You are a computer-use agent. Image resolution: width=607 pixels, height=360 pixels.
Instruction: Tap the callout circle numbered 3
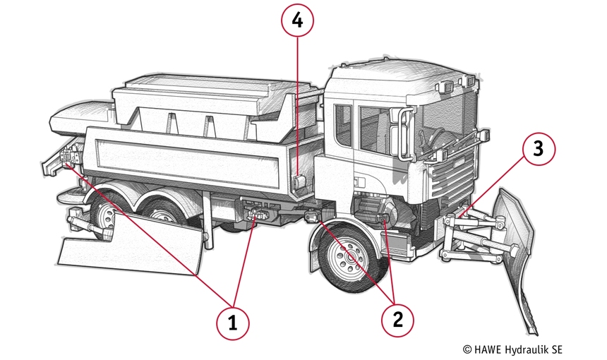click(x=538, y=149)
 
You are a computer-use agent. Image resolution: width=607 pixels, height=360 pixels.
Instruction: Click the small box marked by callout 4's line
click(x=299, y=181)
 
